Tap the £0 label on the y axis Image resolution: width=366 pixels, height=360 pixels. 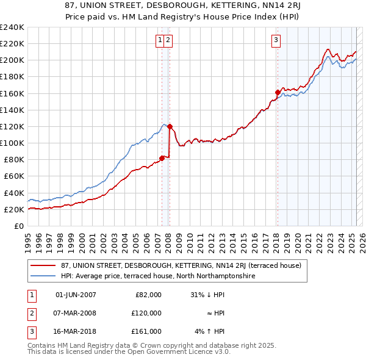point(20,226)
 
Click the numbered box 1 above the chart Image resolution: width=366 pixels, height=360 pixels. point(160,41)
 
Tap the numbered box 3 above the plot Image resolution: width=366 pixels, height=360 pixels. point(276,41)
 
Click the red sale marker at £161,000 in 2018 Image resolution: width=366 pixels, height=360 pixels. point(278,93)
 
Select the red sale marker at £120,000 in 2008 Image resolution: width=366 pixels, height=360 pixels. point(170,127)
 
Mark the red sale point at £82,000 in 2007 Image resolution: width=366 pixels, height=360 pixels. point(162,158)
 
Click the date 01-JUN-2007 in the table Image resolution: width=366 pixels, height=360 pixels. point(76,295)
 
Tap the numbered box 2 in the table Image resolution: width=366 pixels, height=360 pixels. point(30,313)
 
